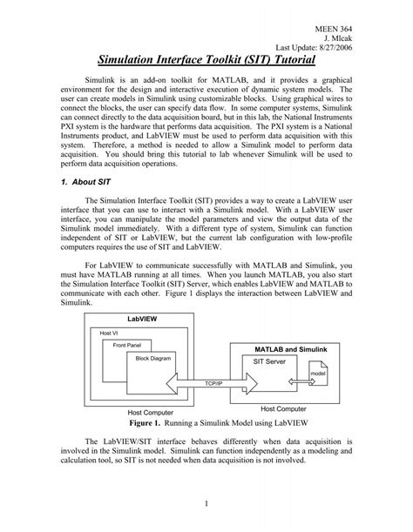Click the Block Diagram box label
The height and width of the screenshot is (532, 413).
154,357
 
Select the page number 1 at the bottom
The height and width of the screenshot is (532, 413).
206,504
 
